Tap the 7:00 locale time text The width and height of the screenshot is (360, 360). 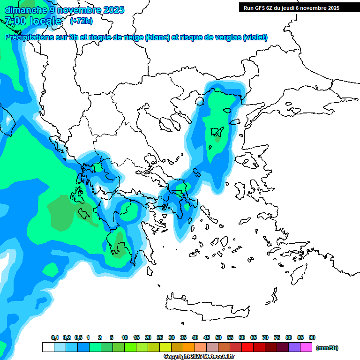(33, 21)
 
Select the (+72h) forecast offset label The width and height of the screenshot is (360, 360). (81, 21)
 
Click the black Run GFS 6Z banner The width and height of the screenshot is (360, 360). (290, 7)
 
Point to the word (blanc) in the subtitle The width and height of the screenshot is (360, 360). (157, 37)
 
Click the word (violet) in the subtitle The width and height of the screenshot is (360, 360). (255, 37)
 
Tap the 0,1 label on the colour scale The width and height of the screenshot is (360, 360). (55, 338)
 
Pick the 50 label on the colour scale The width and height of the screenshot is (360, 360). (218, 338)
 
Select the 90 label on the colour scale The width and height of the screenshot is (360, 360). (312, 338)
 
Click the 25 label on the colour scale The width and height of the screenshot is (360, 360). (160, 338)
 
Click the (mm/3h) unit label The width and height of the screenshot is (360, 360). (327, 348)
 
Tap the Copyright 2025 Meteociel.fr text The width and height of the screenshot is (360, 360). (200, 357)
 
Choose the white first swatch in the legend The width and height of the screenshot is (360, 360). (48, 347)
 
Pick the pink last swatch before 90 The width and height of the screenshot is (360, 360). (306, 347)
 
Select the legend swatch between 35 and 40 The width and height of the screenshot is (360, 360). (189, 347)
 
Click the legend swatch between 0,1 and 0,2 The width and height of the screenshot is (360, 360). (60, 347)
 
